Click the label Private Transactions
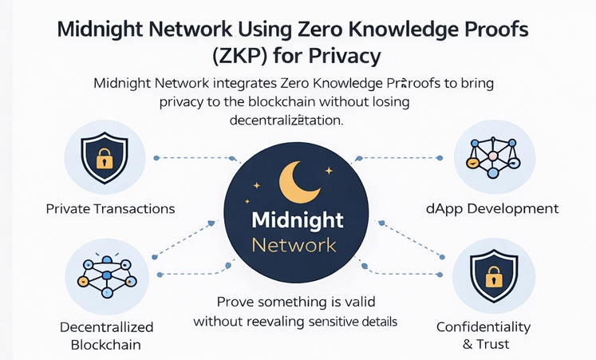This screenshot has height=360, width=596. [x=110, y=209]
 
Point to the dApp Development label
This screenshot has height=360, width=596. [x=491, y=209]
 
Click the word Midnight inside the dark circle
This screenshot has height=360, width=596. [x=297, y=220]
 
